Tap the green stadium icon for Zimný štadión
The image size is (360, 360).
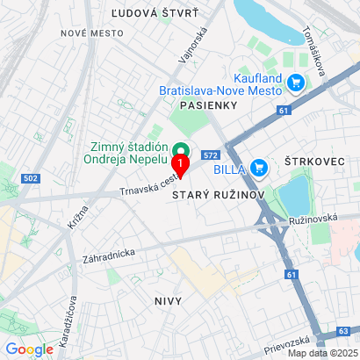coord(181,148)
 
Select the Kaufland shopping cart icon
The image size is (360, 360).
coord(296,82)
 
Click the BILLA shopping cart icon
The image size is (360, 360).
coord(258,167)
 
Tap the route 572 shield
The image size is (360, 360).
coord(210,155)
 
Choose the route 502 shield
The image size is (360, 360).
coord(31,178)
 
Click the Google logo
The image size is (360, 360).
coord(29,349)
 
